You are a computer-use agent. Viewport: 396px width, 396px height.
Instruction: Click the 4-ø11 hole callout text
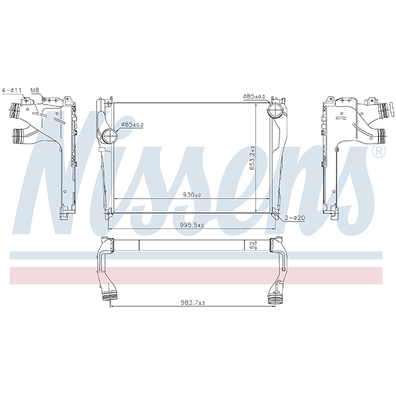12,90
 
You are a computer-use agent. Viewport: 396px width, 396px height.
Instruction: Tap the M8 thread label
35,90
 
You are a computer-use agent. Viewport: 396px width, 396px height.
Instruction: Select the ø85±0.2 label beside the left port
132,124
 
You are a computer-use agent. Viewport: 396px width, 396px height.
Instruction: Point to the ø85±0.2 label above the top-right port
254,96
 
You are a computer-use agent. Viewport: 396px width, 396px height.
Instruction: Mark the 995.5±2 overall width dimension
191,225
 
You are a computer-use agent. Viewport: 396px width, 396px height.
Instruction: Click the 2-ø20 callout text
296,218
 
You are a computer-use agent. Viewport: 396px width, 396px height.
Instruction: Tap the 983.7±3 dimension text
192,303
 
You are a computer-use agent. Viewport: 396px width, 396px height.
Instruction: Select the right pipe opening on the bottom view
272,297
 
